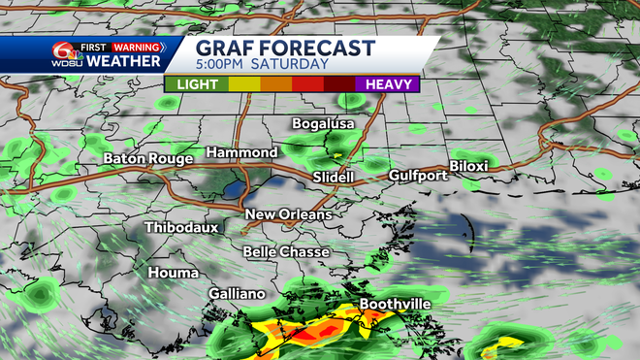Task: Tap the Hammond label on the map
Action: coord(241,153)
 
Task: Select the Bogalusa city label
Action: coord(325,124)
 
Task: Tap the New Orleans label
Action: coord(288,214)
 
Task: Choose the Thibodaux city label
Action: coord(181,228)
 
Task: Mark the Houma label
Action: coord(171,273)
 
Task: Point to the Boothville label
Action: coord(395,304)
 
